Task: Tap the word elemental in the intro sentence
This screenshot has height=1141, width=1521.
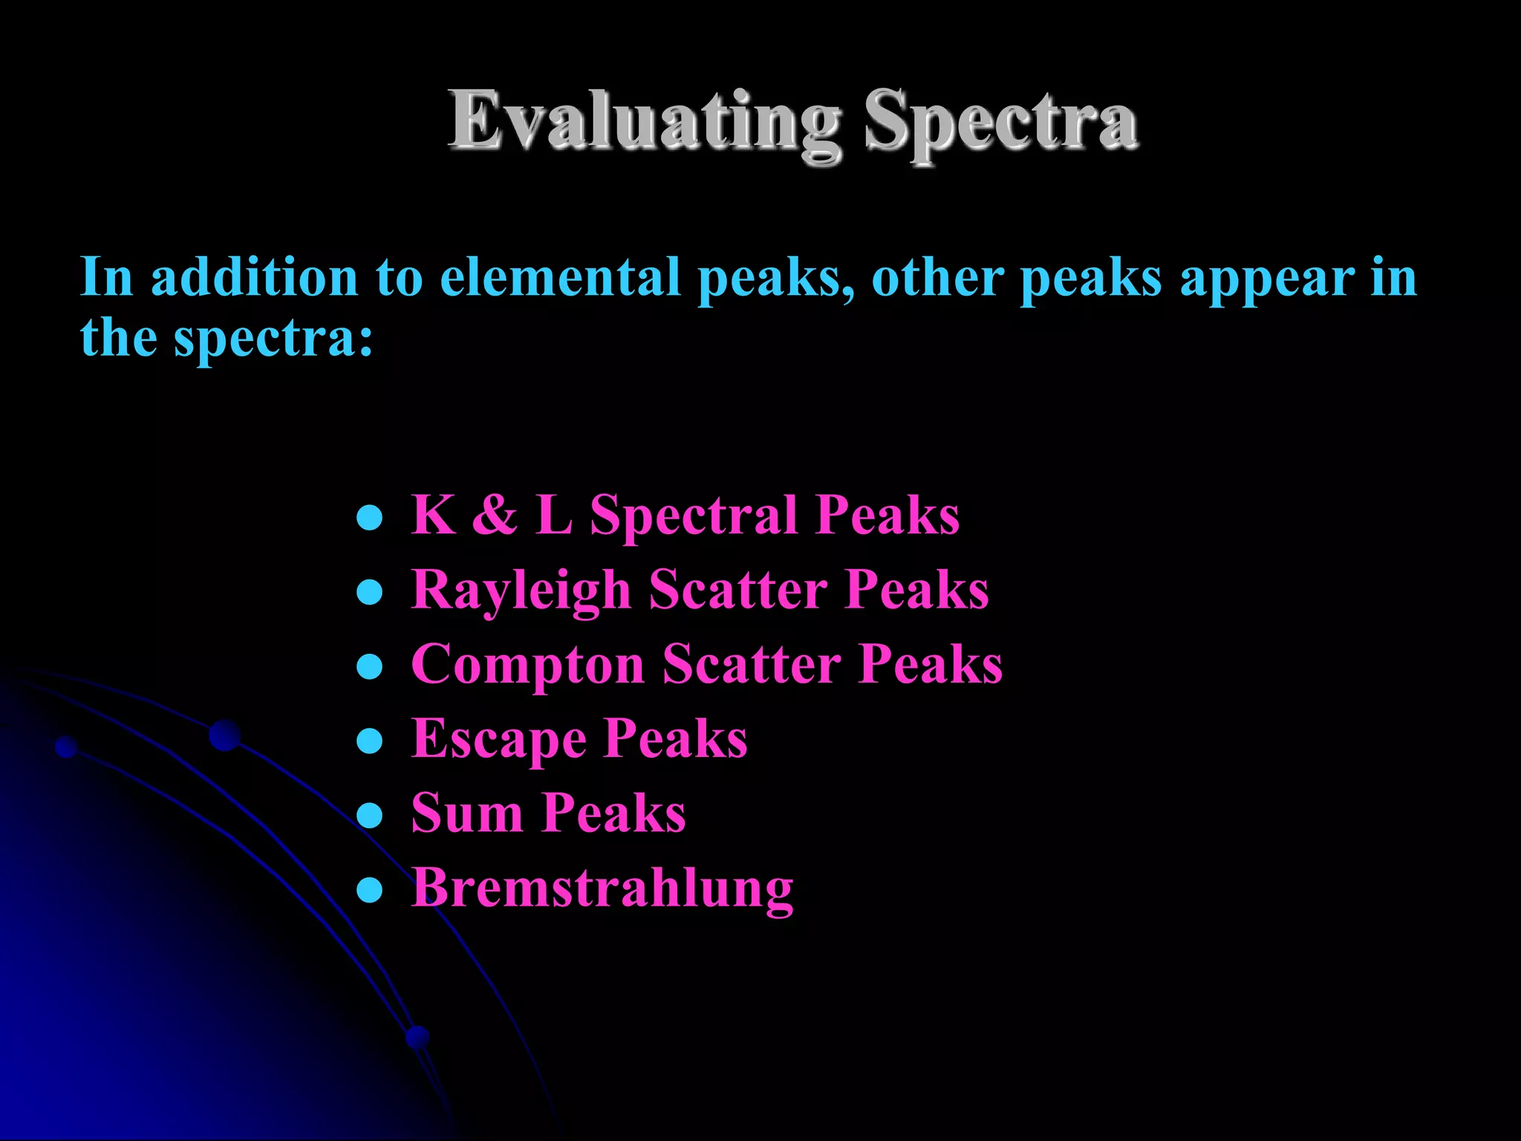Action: (x=560, y=278)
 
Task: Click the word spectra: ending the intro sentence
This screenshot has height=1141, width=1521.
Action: (x=273, y=339)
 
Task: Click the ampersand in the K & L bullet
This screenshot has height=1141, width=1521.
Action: (x=495, y=514)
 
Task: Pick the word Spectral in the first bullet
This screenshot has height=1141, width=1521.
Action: (x=694, y=516)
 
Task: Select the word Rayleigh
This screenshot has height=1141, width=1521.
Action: (x=521, y=591)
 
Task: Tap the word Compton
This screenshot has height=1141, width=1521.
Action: (x=527, y=665)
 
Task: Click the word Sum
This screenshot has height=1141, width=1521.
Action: (x=467, y=813)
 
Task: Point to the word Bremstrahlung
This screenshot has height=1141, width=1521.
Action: (x=602, y=888)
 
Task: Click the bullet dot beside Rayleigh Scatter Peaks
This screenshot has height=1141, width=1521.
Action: (x=369, y=592)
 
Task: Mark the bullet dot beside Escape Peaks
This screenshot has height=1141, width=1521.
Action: (x=369, y=741)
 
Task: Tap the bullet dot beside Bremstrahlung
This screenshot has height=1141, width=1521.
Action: (x=369, y=889)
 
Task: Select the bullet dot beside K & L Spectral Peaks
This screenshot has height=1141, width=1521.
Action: (x=369, y=517)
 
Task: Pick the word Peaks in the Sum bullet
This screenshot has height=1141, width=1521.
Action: (x=613, y=813)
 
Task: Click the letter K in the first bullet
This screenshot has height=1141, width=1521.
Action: (x=433, y=514)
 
